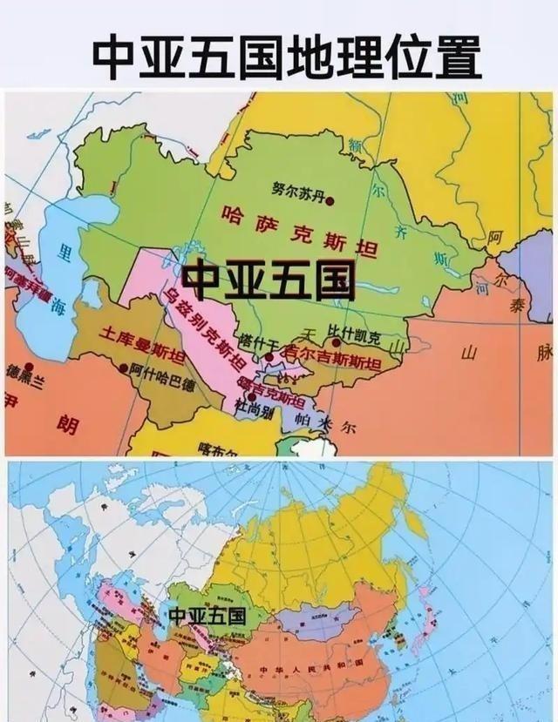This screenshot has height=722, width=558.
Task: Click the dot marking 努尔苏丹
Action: click(x=330, y=199)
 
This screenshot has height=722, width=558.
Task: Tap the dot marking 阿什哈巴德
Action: click(x=124, y=367)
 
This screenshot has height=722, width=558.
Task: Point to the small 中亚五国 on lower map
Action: click(x=206, y=615)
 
